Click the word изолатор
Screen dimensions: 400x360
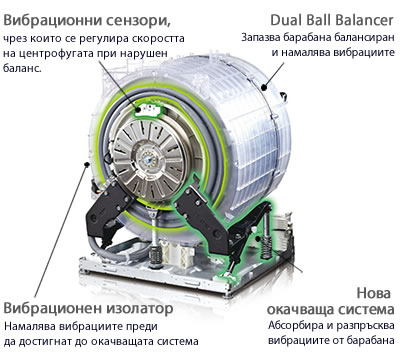tap(140, 308)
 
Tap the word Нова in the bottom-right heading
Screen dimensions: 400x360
tap(373, 293)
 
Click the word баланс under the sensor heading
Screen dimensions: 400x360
tap(22, 69)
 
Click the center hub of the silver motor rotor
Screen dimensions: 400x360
tap(147, 158)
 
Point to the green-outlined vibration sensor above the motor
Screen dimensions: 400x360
tap(147, 109)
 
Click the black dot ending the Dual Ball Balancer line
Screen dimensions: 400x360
tap(264, 87)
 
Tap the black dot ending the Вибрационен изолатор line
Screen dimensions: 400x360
tap(87, 164)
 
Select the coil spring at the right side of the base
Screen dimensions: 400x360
tap(266, 247)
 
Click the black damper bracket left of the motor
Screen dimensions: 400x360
tap(107, 209)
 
